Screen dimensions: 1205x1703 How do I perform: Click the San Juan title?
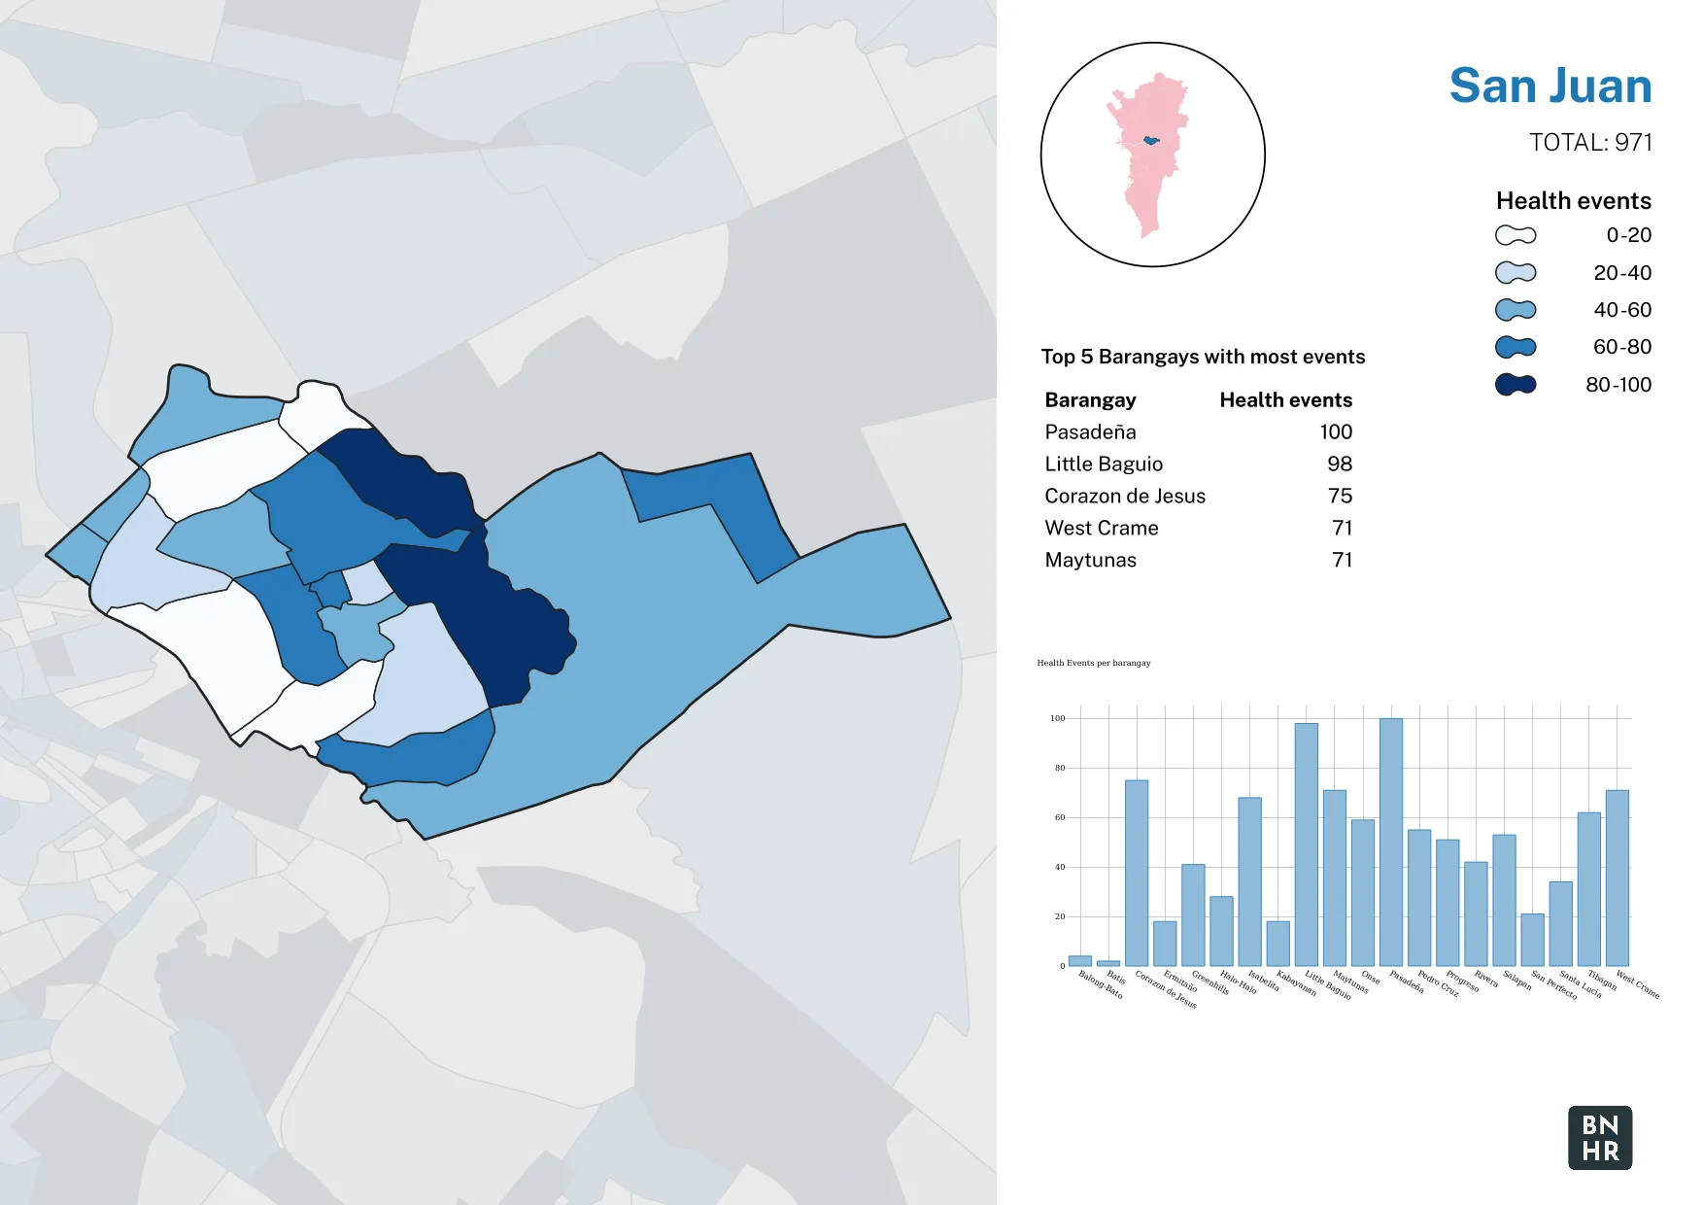1550,86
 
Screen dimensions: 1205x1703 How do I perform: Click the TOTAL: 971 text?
1590,143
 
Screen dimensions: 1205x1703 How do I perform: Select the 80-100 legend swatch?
1516,385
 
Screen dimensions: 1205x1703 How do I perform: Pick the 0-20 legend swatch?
1516,235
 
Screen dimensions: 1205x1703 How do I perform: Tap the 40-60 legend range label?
1621,310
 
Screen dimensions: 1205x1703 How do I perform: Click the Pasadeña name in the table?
1090,432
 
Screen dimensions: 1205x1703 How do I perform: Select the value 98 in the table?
1340,465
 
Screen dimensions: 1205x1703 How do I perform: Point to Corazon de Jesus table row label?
1125,497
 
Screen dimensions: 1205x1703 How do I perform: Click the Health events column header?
1285,400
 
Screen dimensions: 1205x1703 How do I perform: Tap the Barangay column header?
1090,400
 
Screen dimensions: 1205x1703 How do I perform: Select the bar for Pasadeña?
1391,842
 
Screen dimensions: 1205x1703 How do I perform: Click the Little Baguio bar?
1307,843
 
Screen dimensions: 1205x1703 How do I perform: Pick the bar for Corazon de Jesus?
1137,873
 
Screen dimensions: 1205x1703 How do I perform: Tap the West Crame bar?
1618,878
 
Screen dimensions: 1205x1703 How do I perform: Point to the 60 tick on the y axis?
1060,817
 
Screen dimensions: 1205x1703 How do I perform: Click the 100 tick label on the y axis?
1057,718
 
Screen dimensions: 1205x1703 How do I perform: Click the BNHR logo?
1600,1138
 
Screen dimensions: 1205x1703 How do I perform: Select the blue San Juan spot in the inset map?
1151,141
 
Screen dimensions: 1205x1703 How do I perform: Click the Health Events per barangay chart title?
1094,663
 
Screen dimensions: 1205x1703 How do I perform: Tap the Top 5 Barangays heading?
1203,357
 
